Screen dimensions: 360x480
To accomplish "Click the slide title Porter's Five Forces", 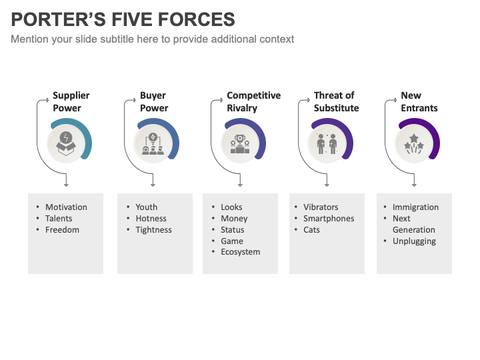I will coord(123,19).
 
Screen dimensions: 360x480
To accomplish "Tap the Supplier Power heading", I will coord(71,102).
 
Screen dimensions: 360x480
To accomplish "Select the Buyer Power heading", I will coord(154,102).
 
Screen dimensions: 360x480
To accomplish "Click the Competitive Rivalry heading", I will coord(253,102).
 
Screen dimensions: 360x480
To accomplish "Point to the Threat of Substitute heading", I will coord(336,102).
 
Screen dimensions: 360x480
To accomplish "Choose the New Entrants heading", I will coord(419,102).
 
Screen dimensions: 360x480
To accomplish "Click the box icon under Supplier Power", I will coord(66,142).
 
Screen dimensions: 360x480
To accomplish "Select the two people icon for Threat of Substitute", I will coord(327,143).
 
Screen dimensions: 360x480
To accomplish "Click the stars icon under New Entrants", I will coord(413,143).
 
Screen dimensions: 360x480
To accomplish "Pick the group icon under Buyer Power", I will coord(153,143).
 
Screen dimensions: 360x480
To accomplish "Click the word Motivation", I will coord(66,207).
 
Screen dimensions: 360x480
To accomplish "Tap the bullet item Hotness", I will coord(151,219).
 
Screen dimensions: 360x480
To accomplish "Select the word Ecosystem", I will coord(241,252).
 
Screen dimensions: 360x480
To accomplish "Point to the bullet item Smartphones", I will coord(329,219).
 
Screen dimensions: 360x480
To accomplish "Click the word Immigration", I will coord(415,207).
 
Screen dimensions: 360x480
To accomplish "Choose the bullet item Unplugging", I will coord(414,241).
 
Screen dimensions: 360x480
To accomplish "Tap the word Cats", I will coord(311,230).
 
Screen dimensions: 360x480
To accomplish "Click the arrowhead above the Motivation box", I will coord(66,185).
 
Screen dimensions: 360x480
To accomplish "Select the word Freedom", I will coord(62,230).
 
